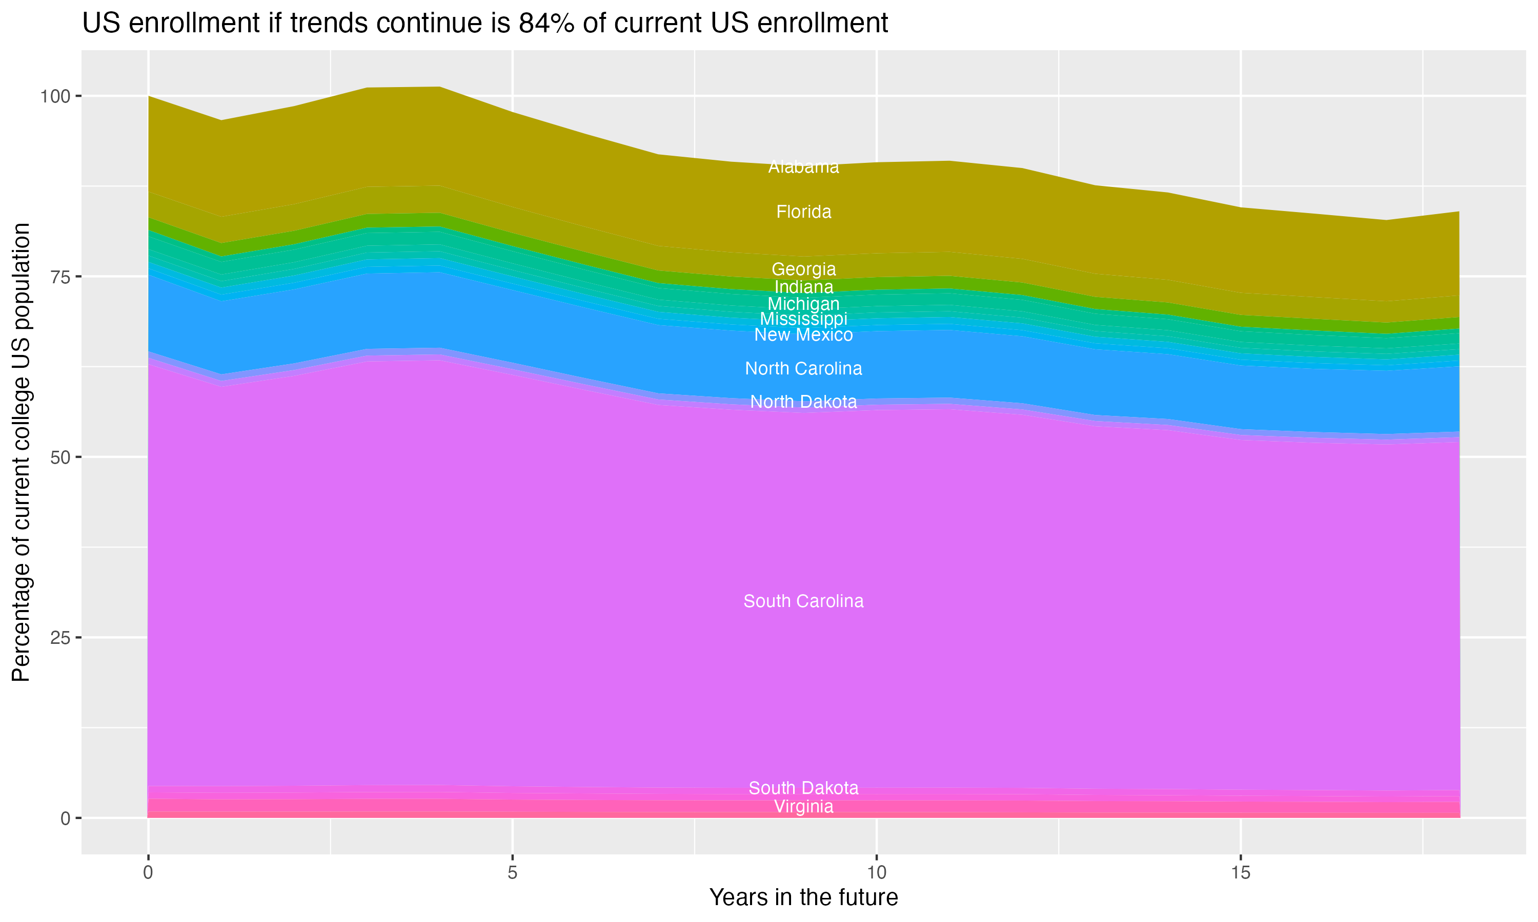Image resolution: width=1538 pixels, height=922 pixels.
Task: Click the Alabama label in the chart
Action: click(x=803, y=167)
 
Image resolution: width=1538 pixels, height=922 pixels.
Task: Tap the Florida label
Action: click(x=803, y=212)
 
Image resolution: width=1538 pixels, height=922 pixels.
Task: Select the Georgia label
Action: click(x=803, y=269)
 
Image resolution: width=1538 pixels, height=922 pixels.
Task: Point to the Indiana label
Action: click(x=803, y=287)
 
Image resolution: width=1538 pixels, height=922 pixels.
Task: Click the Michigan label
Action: click(x=803, y=304)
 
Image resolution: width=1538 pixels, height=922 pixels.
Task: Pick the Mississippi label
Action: click(x=803, y=319)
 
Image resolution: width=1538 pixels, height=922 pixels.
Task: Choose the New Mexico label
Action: click(x=803, y=335)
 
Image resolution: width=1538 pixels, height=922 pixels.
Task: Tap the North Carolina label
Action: click(x=803, y=368)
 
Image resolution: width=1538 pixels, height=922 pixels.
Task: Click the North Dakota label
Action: click(x=803, y=402)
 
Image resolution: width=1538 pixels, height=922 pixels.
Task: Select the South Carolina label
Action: click(x=803, y=601)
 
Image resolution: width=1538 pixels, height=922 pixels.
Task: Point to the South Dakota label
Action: click(x=803, y=788)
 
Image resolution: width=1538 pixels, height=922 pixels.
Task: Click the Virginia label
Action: click(x=803, y=806)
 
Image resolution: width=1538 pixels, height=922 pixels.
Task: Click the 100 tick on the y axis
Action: click(x=55, y=96)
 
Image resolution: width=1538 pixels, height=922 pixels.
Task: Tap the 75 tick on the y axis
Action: click(x=61, y=277)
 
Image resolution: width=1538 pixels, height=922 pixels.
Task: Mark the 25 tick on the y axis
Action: click(x=61, y=637)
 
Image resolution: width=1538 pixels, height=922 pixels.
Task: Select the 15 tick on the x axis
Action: click(x=1240, y=873)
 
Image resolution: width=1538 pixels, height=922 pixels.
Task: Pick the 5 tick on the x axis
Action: click(x=512, y=873)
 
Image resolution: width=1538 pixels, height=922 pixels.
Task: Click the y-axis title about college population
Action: click(x=21, y=452)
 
